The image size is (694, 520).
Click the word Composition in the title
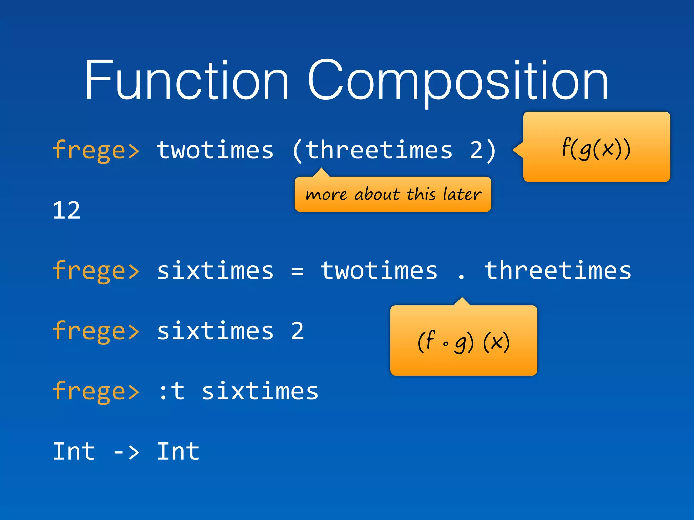[x=457, y=81]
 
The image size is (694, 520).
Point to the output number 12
[x=66, y=211]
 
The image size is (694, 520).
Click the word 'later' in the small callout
[x=462, y=195]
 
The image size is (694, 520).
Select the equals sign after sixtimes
[x=297, y=271]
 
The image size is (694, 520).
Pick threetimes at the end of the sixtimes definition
[x=557, y=270]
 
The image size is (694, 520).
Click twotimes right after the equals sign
[x=379, y=270]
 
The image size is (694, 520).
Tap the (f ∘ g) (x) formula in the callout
[x=463, y=342]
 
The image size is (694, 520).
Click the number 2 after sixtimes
[x=297, y=331]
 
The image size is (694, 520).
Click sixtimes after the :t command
[x=260, y=391]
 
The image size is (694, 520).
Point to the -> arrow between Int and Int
[x=126, y=452]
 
